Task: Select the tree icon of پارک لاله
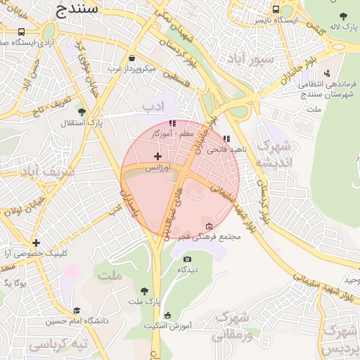click(x=343, y=16)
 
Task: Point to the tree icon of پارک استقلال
click(x=82, y=112)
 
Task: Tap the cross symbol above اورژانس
click(x=157, y=156)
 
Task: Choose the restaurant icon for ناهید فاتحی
click(x=226, y=139)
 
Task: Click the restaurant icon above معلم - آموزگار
click(x=172, y=123)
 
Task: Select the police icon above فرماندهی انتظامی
click(x=327, y=72)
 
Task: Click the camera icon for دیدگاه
click(x=186, y=259)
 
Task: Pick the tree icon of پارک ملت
click(x=145, y=291)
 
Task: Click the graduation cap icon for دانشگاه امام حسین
click(x=77, y=310)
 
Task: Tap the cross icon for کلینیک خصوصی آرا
click(x=36, y=243)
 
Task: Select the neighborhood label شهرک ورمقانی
click(x=231, y=326)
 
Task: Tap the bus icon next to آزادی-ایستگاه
click(x=22, y=32)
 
